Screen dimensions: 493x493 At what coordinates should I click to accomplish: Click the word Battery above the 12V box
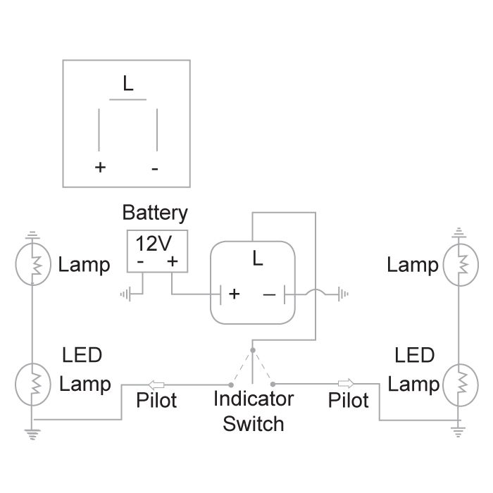click(x=155, y=213)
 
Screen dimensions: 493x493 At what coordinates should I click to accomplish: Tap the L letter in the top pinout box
click(x=127, y=85)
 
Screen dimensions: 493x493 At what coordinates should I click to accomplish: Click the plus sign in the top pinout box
click(x=100, y=168)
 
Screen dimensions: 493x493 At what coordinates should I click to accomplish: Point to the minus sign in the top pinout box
click(x=155, y=168)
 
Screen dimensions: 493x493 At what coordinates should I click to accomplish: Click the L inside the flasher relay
click(x=257, y=259)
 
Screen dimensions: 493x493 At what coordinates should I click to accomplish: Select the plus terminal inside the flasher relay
click(x=234, y=294)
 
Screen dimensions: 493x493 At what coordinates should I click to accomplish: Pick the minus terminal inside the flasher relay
click(x=269, y=294)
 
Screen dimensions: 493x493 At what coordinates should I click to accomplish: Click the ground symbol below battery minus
click(x=125, y=293)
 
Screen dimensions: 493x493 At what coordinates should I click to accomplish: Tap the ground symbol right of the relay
click(x=343, y=294)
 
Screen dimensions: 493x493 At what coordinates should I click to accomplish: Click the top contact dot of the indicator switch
click(x=253, y=349)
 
